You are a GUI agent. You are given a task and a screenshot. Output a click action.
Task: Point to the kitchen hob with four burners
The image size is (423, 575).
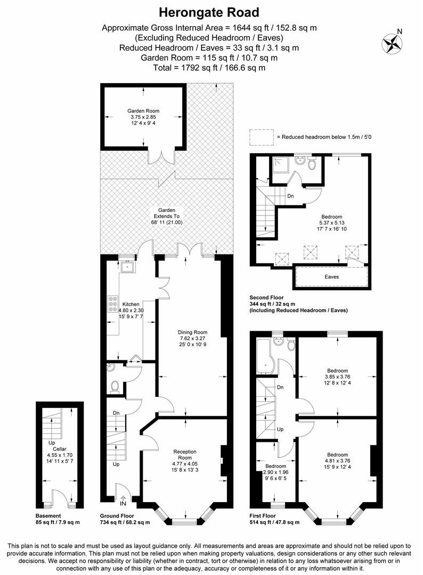click(x=113, y=303)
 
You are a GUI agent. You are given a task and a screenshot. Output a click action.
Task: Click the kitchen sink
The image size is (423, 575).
click(x=127, y=267)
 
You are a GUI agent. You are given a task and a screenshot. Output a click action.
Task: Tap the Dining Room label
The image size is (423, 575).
click(x=192, y=332)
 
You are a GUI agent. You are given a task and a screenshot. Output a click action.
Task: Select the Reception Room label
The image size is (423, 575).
click(x=185, y=455)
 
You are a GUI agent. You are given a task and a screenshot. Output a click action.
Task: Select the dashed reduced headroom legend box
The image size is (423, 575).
click(x=261, y=137)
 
